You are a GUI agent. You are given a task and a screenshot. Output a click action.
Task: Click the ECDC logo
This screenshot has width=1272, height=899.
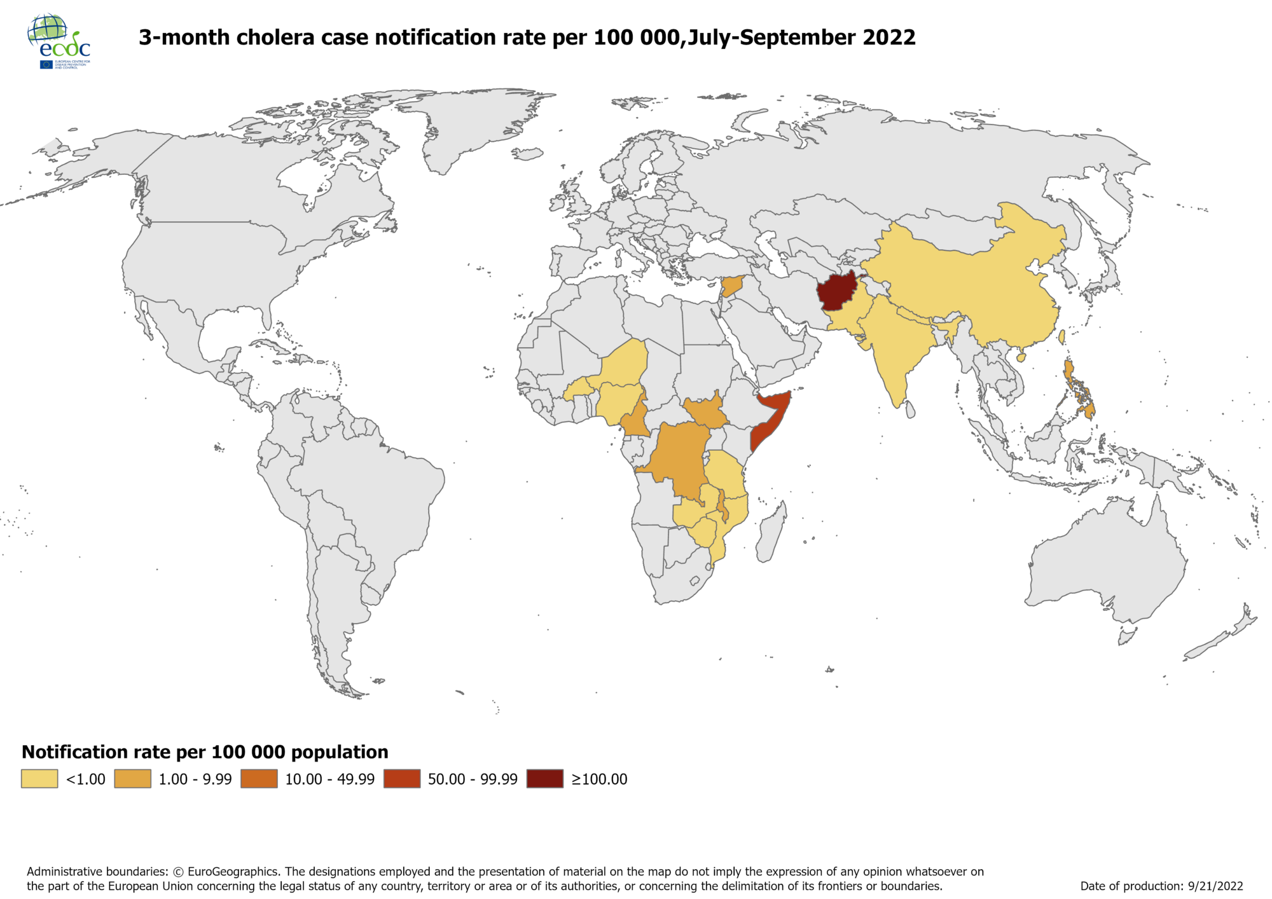[59, 41]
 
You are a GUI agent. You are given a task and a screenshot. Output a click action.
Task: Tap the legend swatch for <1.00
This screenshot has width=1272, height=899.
[39, 779]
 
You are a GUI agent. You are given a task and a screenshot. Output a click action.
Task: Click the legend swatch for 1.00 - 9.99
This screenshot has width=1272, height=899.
[132, 779]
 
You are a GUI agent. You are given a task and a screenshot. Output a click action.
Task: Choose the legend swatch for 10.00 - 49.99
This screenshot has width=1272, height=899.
[259, 779]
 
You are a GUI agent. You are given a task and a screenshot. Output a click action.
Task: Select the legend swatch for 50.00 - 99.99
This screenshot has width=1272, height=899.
[402, 779]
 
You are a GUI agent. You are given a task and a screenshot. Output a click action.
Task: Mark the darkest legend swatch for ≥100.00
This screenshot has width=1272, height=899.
[545, 779]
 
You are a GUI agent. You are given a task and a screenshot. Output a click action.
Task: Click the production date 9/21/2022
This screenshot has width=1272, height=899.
[1215, 886]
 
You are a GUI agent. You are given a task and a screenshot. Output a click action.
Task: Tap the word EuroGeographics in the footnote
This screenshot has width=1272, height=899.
[233, 872]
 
